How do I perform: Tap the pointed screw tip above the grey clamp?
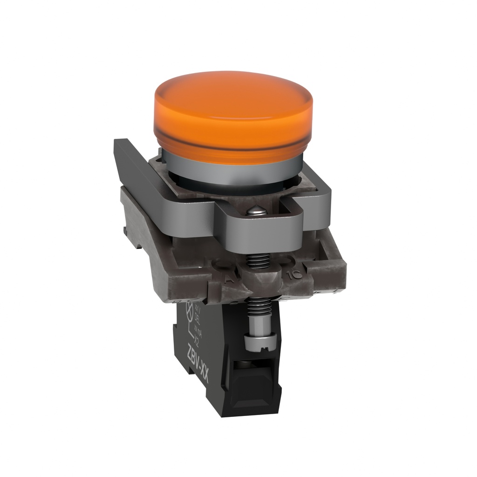[258, 211]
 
